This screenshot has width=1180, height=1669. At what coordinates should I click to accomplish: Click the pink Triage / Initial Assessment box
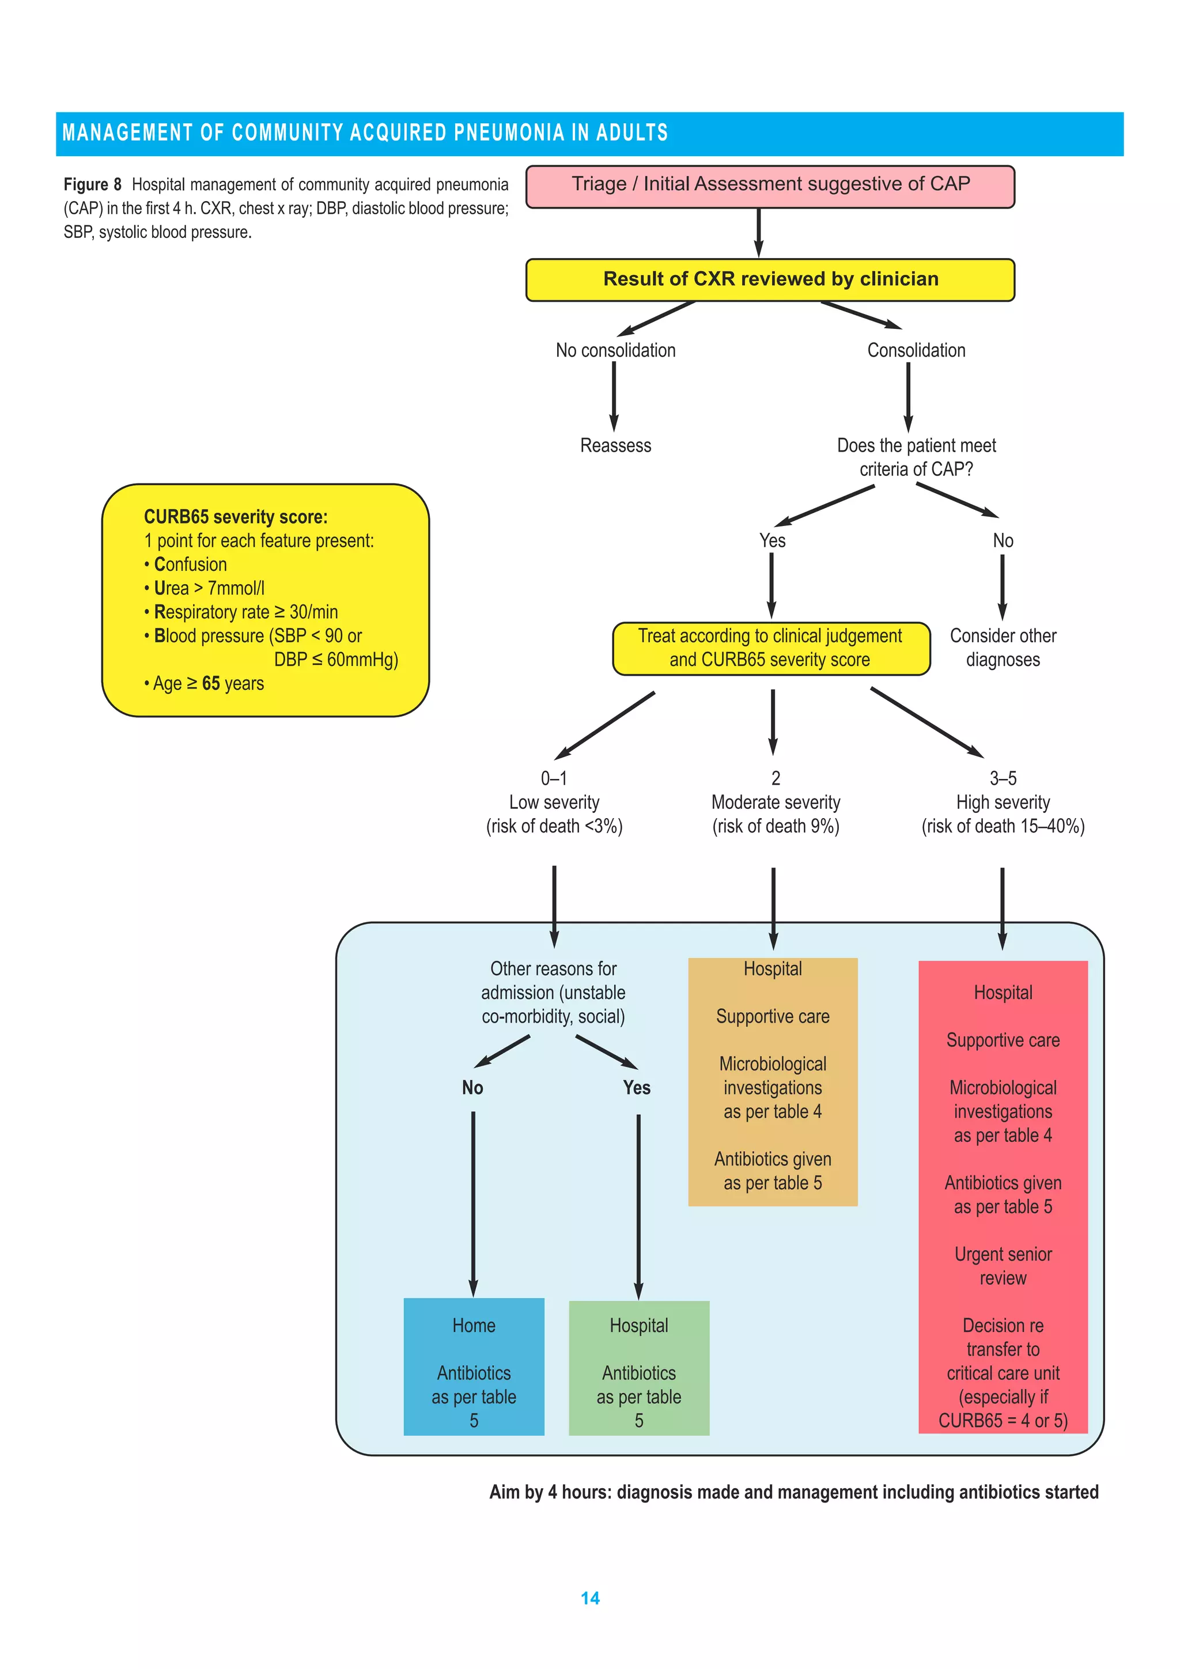tap(769, 187)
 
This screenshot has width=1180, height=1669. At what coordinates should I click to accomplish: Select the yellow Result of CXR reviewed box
tap(769, 280)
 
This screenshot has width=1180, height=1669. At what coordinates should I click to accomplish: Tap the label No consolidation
tap(615, 350)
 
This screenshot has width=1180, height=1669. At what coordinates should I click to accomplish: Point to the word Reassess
tap(615, 445)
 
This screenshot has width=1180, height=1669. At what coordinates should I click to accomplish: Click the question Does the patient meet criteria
tap(916, 457)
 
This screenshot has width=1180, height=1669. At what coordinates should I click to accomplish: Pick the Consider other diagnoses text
tap(1003, 648)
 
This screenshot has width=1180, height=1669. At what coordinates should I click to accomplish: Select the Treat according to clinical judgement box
tap(771, 648)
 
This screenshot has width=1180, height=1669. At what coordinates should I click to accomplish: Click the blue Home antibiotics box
tap(473, 1367)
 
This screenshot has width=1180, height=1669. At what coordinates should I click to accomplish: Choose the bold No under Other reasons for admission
tap(472, 1088)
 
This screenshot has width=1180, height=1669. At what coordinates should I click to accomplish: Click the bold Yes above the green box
tap(636, 1088)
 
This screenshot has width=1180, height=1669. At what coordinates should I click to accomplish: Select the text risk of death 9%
tap(775, 827)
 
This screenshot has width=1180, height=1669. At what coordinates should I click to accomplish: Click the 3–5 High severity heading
tap(1003, 791)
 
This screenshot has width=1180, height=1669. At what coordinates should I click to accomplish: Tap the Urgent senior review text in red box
tap(1003, 1266)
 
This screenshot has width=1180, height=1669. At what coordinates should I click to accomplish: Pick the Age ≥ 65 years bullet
tap(205, 683)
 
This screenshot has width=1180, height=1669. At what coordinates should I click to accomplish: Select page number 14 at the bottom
tap(589, 1599)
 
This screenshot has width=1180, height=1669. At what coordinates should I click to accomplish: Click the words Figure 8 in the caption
tap(92, 184)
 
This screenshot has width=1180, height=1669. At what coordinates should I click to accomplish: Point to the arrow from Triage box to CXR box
tap(758, 233)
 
